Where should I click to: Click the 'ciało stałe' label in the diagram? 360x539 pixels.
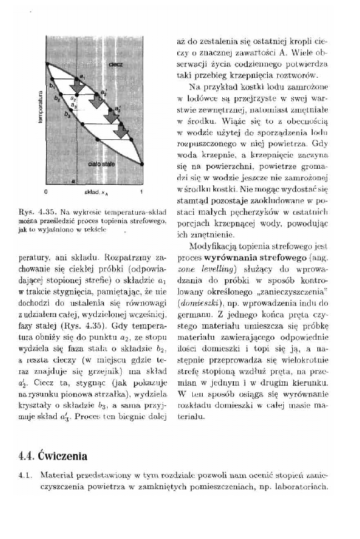101,165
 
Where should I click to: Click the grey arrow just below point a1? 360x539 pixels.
78,87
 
